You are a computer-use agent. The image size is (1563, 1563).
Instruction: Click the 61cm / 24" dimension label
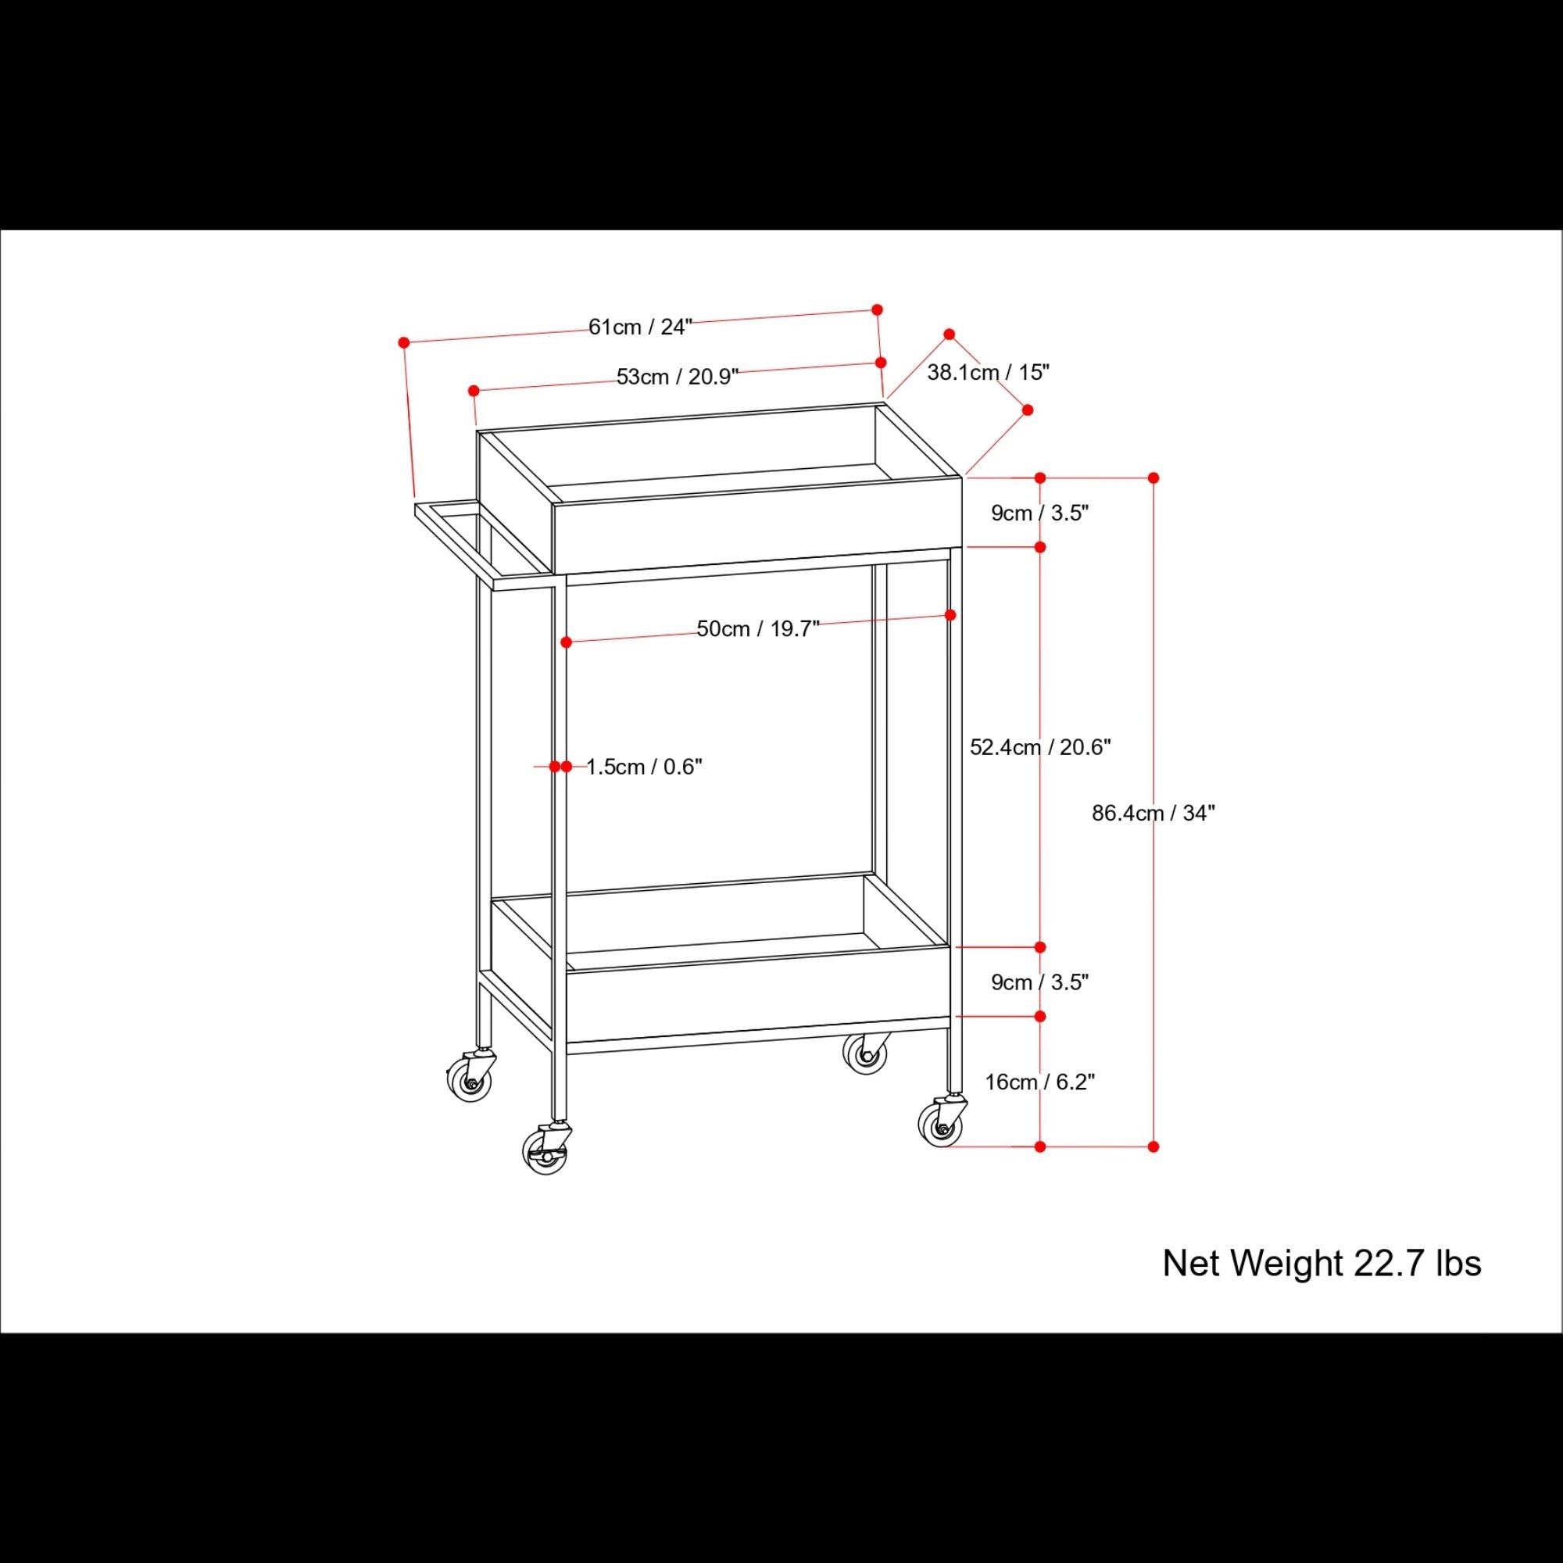click(x=640, y=327)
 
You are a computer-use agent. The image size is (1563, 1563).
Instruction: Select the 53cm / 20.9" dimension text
click(x=677, y=376)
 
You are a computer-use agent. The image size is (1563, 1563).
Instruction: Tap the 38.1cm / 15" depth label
click(x=988, y=372)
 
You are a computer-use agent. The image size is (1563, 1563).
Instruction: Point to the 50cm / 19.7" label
click(x=758, y=628)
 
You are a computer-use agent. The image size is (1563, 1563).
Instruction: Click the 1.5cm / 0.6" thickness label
click(x=644, y=766)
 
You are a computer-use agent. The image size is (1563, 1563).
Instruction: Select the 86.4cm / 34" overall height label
click(x=1153, y=813)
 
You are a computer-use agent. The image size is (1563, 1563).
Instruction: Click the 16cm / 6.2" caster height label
click(x=1039, y=1082)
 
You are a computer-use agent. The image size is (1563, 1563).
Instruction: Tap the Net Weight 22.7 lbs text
click(x=1321, y=1263)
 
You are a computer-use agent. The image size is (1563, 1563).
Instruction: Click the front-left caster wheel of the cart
click(x=545, y=1153)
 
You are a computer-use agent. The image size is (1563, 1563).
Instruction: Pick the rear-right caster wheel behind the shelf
click(x=866, y=1053)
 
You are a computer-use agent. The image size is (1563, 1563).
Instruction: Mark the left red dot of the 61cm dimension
click(x=404, y=343)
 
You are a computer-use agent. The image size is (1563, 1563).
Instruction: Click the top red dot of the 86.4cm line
click(x=1153, y=478)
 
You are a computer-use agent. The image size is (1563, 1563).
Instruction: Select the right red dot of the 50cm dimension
click(x=950, y=615)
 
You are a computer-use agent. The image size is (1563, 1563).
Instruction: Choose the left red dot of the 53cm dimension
click(x=474, y=391)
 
